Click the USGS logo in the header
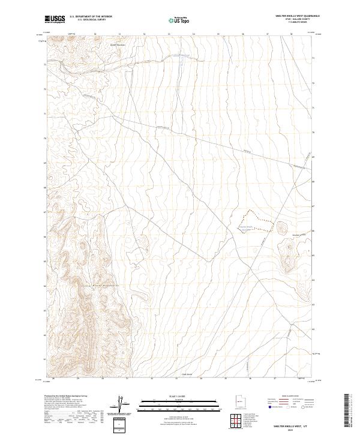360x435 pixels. pyautogui.click(x=55, y=19)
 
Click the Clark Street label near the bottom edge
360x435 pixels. pyautogui.click(x=187, y=374)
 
